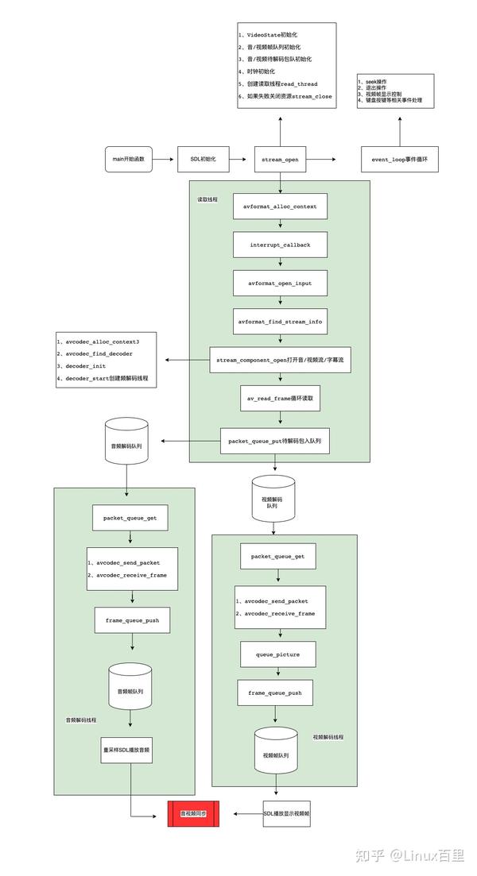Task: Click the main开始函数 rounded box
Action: click(128, 160)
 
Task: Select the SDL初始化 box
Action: click(203, 160)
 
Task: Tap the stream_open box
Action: click(280, 160)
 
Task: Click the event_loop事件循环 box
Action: click(400, 160)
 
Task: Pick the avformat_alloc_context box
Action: click(280, 206)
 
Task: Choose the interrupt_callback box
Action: click(280, 245)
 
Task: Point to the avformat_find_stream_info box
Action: click(280, 322)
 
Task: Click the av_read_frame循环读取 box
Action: click(280, 399)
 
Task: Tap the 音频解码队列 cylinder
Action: click(127, 445)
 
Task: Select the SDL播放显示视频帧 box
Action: click(287, 813)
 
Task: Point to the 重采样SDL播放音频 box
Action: click(127, 748)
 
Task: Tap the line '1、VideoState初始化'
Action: click(268, 35)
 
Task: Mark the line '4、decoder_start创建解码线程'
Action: click(107, 379)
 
